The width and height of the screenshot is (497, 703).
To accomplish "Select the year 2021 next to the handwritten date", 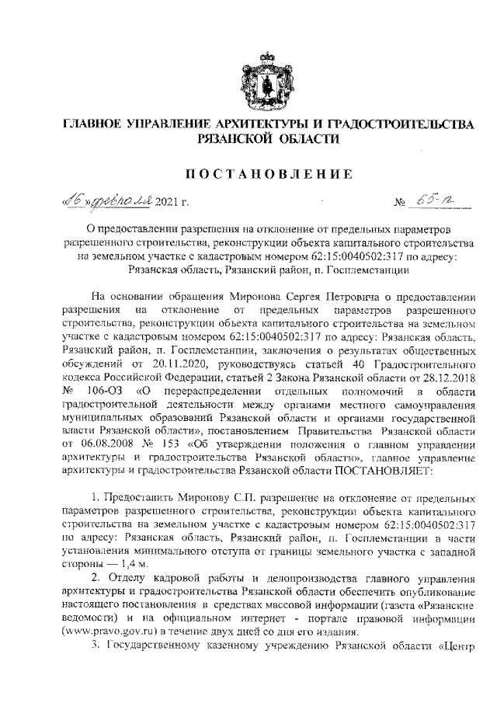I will pos(167,204).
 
